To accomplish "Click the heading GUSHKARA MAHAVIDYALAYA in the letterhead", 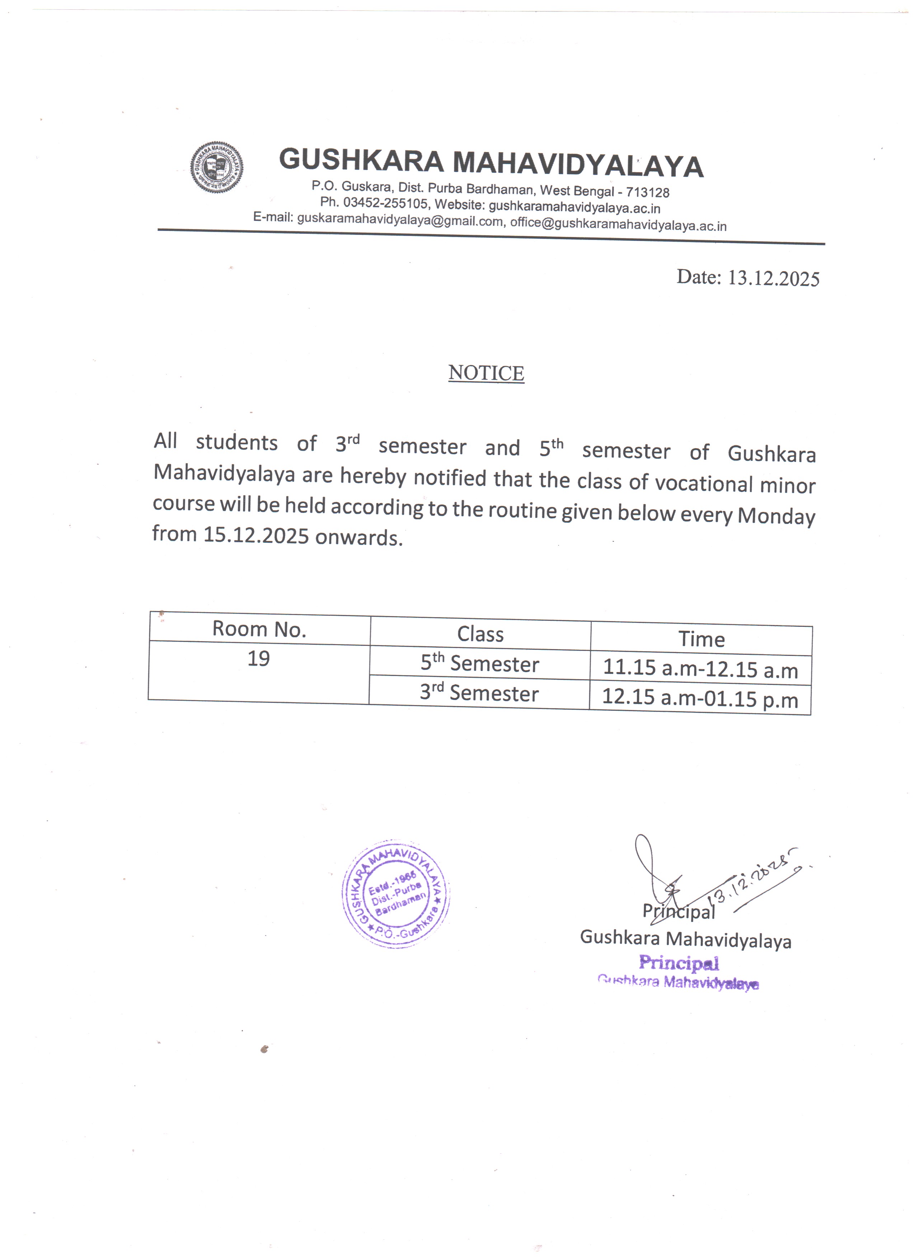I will pos(491,162).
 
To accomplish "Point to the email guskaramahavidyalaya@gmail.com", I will pos(399,220).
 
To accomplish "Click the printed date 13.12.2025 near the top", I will pos(773,278).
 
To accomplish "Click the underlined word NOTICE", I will pos(486,373).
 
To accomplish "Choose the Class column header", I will pos(480,634).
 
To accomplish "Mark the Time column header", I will pos(701,639).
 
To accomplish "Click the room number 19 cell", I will pos(259,659).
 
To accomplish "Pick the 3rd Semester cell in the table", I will pos(479,693).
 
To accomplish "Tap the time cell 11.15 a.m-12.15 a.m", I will pos(700,669).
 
